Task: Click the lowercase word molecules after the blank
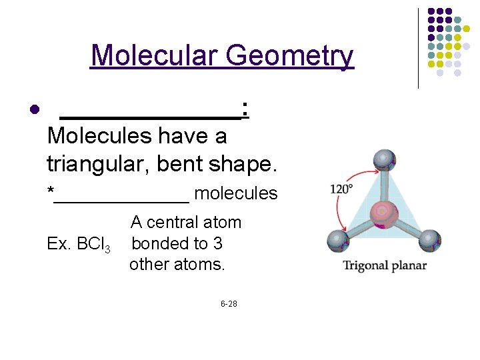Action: (x=235, y=193)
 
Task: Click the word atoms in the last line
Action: (x=203, y=264)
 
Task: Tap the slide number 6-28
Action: (x=229, y=304)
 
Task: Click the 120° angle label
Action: (x=341, y=189)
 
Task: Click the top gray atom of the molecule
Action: (x=384, y=160)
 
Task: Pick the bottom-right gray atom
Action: (x=429, y=239)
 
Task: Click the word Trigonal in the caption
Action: (x=365, y=265)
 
